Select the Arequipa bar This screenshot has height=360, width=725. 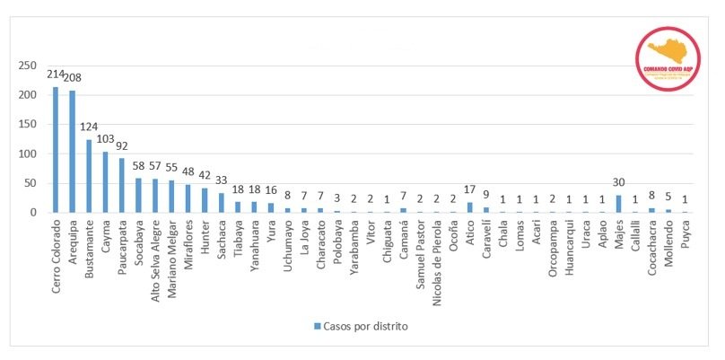click(x=72, y=152)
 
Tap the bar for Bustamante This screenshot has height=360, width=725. click(x=89, y=176)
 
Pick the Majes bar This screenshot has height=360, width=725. click(x=618, y=204)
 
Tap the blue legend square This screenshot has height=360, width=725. click(x=317, y=326)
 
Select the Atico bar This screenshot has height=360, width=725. click(x=469, y=207)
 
